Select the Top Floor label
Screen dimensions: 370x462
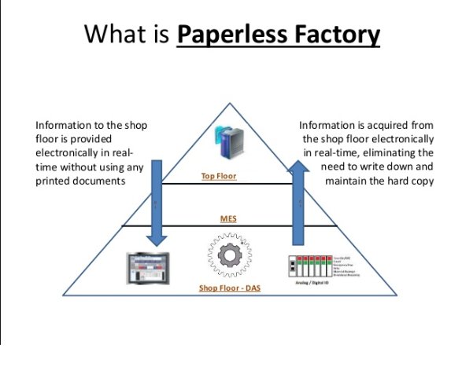click(218, 177)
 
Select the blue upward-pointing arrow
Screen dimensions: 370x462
click(300, 200)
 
